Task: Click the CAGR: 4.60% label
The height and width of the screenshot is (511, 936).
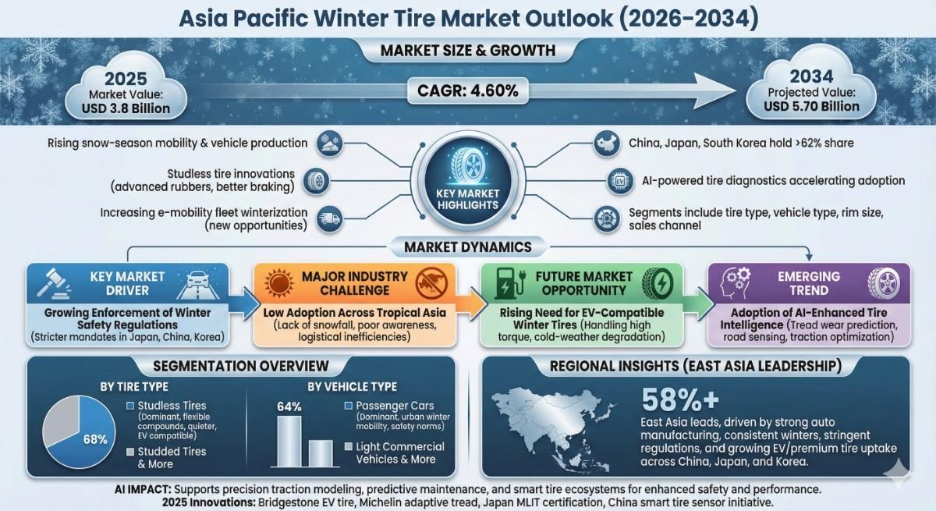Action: (x=467, y=90)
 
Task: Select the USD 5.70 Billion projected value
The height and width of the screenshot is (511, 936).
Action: (x=811, y=107)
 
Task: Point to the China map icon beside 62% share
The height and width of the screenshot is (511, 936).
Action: (x=607, y=144)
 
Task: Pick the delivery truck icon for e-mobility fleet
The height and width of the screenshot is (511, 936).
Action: (x=329, y=218)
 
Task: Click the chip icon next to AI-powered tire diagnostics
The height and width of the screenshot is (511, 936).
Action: (x=619, y=181)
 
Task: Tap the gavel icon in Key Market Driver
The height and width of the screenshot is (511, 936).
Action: (x=54, y=283)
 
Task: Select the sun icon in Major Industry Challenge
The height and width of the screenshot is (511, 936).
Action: (x=278, y=283)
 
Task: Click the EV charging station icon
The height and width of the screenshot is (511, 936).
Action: (x=509, y=283)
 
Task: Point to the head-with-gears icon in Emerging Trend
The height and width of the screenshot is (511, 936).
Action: (x=736, y=283)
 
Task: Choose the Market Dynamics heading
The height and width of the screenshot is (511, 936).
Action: (x=467, y=247)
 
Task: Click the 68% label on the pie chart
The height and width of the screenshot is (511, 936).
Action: (x=95, y=439)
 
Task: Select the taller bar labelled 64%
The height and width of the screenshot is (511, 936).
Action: (x=289, y=441)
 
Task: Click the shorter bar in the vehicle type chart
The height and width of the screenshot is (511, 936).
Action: (x=321, y=453)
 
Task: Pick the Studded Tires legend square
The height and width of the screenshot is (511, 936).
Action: (x=130, y=452)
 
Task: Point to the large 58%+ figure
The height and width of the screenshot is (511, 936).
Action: (x=680, y=400)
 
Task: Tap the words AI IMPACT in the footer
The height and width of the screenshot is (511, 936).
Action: (x=143, y=489)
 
